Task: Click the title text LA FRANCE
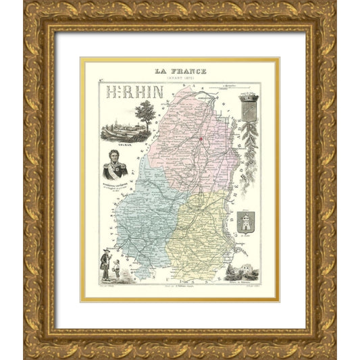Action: (180, 71)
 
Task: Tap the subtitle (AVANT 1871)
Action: (180, 78)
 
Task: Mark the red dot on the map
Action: (201, 139)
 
